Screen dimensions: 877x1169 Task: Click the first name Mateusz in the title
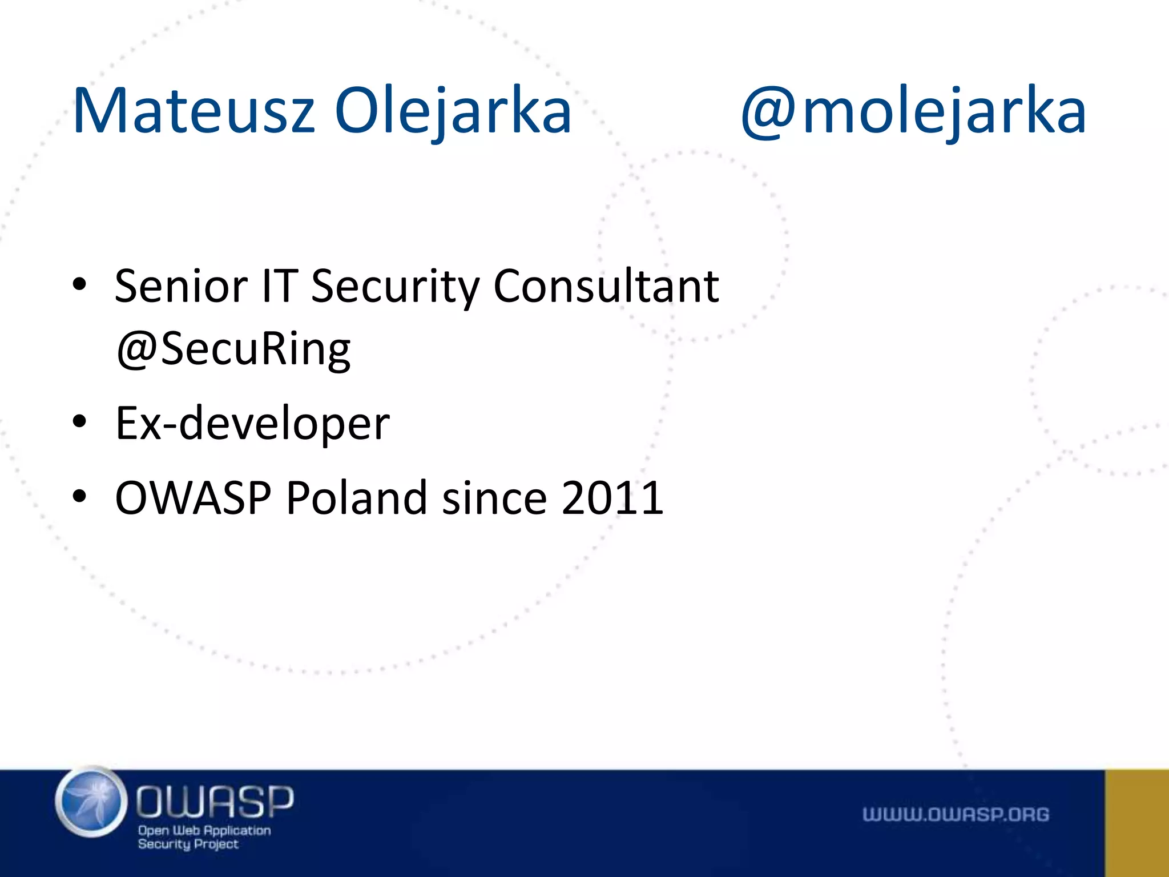(x=194, y=111)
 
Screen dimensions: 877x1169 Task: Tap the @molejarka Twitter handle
(x=913, y=111)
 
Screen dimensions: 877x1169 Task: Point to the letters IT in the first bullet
(x=280, y=286)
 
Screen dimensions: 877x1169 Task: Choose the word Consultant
(x=606, y=286)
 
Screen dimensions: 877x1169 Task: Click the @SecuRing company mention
(x=233, y=349)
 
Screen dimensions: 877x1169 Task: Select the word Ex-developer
(x=252, y=424)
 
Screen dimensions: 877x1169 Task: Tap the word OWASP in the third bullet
(x=193, y=498)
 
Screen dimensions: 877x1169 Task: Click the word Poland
(x=357, y=498)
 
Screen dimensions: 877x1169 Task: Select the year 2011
(x=612, y=498)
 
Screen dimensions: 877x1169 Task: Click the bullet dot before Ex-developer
(x=79, y=423)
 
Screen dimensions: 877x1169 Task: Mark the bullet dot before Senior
(x=79, y=284)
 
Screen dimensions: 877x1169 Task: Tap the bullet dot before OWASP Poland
(x=79, y=496)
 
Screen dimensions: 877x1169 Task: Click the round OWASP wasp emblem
(x=91, y=802)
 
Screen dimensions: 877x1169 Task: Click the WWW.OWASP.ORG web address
(x=956, y=814)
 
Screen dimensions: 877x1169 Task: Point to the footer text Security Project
(x=188, y=844)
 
